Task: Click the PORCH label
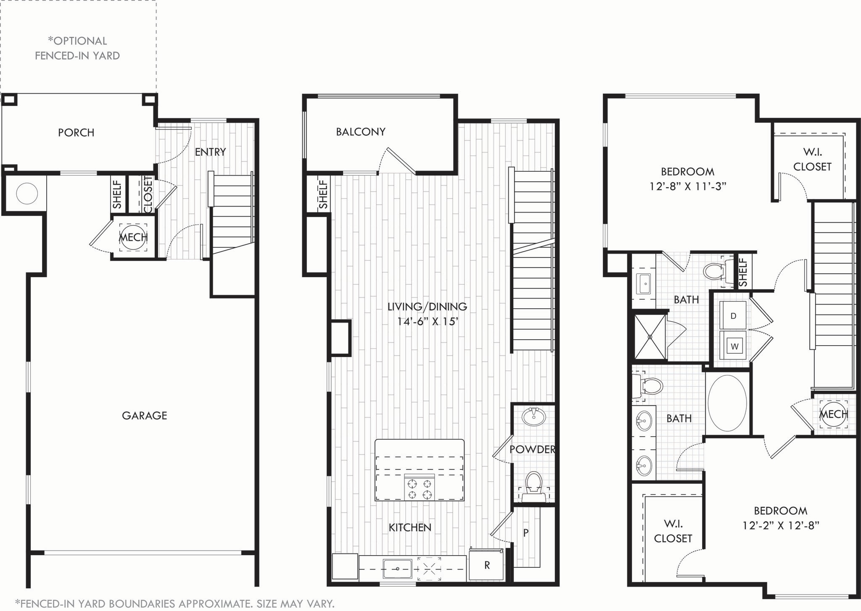(x=76, y=133)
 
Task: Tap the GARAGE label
(x=144, y=416)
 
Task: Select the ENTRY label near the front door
(x=210, y=152)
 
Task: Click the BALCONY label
(x=360, y=132)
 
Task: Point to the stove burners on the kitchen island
(x=419, y=488)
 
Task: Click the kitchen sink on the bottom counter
(x=397, y=569)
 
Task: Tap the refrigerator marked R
(x=487, y=565)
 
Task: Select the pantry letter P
(x=526, y=533)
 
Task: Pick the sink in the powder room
(x=534, y=417)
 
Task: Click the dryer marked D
(x=733, y=316)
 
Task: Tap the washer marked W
(x=734, y=346)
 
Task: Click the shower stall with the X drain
(x=650, y=337)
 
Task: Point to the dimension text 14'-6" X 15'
(x=427, y=322)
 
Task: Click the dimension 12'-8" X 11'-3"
(x=688, y=186)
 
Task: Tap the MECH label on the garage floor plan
(x=133, y=238)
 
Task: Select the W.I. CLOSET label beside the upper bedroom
(x=812, y=160)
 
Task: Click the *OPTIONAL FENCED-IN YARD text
(x=77, y=48)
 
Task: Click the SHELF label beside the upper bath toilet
(x=743, y=272)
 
